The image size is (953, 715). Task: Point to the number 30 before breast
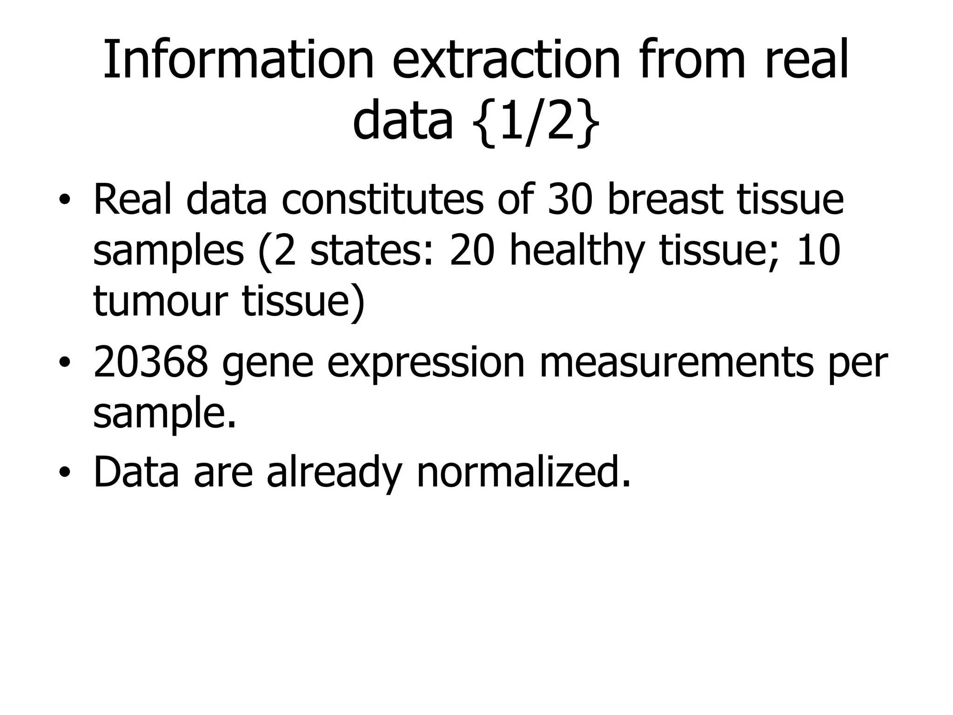(570, 200)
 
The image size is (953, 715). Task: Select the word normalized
(523, 471)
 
